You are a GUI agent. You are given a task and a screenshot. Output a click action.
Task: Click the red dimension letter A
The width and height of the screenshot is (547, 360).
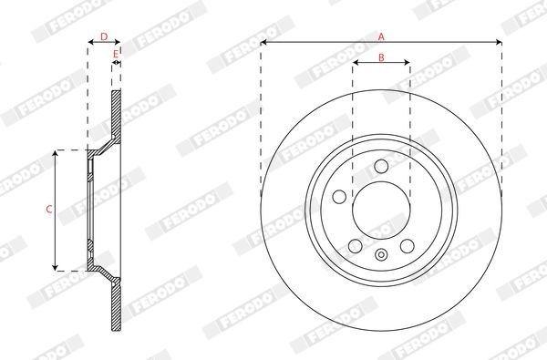click(x=381, y=36)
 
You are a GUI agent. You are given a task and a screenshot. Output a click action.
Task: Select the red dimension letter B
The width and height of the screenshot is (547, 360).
click(x=381, y=57)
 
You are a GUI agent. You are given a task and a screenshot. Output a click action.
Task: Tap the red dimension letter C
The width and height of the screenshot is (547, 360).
click(x=49, y=210)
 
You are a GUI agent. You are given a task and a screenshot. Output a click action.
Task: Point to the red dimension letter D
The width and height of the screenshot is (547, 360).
click(x=104, y=36)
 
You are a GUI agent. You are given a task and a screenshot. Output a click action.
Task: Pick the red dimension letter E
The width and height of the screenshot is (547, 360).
click(x=116, y=54)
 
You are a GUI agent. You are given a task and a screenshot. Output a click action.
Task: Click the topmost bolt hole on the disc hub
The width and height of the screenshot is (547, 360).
click(x=381, y=167)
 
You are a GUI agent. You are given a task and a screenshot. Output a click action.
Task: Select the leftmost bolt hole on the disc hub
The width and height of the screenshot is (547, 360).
click(x=339, y=197)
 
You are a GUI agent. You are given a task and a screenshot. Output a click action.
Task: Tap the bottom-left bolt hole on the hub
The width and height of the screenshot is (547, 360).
click(x=356, y=246)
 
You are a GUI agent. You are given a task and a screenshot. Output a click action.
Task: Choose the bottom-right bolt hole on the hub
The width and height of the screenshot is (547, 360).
click(x=408, y=246)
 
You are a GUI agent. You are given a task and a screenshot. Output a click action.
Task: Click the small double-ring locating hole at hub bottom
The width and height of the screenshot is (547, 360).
click(x=381, y=254)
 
